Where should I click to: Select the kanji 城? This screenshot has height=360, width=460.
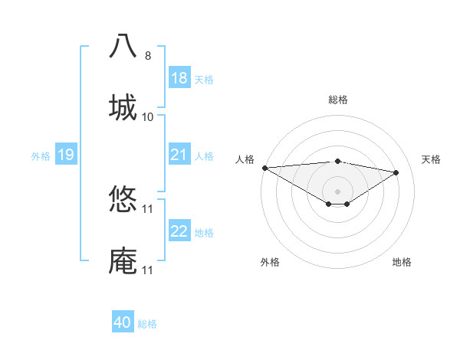coord(123,107)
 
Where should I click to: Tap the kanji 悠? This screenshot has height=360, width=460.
coord(123,199)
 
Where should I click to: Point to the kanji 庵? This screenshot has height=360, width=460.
coord(123,260)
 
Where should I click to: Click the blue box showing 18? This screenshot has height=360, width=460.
coord(179,78)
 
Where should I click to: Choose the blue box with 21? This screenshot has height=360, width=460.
coord(179,155)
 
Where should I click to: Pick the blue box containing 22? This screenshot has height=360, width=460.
coord(179,231)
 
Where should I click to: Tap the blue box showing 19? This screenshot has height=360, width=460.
coord(65,155)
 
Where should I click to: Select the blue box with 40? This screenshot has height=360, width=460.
coord(123,322)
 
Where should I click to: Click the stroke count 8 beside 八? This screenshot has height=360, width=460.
coord(148,55)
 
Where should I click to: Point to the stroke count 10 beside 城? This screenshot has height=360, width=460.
coord(148,116)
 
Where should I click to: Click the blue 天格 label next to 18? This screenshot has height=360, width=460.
coord(204,79)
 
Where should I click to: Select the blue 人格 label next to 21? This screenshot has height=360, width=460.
coord(204,155)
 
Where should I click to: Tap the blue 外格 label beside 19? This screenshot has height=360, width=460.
coord(41,155)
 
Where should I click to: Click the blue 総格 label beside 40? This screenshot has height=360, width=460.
coord(147,323)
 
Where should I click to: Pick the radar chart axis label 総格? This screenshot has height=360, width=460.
coord(337,100)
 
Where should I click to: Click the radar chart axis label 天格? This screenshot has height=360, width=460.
coord(432,159)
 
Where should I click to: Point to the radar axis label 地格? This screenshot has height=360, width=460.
coord(402,262)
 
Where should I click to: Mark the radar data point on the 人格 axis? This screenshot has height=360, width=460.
coord(264,168)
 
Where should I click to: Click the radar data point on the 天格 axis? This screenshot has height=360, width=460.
coord(396,172)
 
